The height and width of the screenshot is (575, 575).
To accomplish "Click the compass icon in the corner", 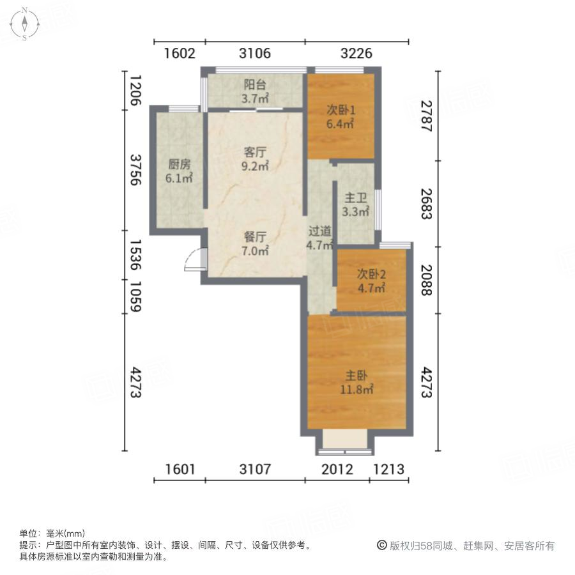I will (24, 24).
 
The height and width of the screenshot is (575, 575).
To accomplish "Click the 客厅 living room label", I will (256, 153).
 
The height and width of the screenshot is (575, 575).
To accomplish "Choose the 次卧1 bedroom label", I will (341, 110).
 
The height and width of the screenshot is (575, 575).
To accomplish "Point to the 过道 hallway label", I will (320, 231).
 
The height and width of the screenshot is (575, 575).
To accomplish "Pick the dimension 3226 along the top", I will (356, 53).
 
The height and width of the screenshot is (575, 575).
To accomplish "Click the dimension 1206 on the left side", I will (135, 89).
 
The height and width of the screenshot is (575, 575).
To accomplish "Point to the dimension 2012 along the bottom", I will (337, 470).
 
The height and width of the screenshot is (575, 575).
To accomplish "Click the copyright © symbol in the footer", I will (382, 546).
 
